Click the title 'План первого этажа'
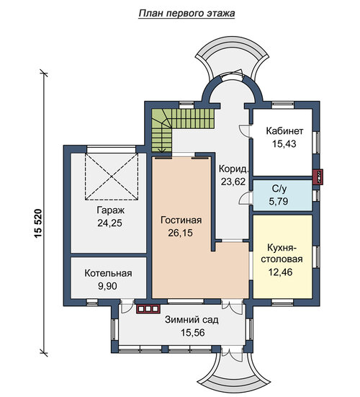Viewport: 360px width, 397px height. point(186,14)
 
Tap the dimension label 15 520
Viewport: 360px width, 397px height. point(38,223)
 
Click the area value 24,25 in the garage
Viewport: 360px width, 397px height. point(109,223)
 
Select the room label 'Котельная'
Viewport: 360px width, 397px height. point(108,274)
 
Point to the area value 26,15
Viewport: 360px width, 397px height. point(181,233)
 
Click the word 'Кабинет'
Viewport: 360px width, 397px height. point(284,131)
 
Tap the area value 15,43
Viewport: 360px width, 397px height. point(284,144)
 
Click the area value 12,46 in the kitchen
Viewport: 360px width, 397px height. point(280,272)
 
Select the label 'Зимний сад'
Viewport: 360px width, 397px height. point(192,320)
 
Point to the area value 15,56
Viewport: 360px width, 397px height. point(192,333)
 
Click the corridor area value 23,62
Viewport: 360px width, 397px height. point(233,182)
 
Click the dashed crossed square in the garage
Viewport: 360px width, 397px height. point(112,177)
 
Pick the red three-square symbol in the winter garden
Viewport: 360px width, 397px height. point(148,309)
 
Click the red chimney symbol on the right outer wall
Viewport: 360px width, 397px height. point(318,177)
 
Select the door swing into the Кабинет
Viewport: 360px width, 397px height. point(244,131)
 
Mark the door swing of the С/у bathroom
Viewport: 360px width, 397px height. point(244,199)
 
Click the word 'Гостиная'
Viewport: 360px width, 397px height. point(181,220)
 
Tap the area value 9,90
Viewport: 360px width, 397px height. point(107,286)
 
